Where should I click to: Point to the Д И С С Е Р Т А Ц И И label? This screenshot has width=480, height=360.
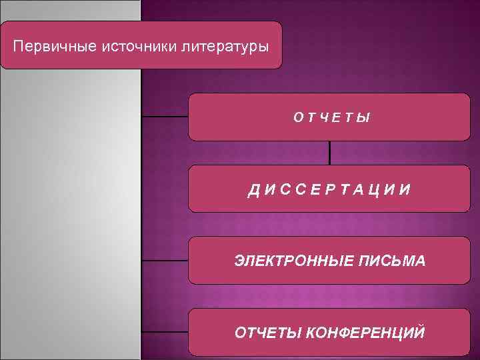coord(329,190)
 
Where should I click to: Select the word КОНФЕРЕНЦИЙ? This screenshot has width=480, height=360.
coord(365,332)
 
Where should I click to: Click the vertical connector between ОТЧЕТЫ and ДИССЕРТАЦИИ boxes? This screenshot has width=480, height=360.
coord(329,153)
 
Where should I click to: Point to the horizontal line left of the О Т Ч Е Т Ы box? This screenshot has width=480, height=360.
coord(165,117)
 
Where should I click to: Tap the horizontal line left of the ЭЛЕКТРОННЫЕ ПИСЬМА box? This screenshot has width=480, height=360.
coord(165,260)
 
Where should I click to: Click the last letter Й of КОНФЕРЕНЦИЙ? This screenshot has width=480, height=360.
coord(418,331)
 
